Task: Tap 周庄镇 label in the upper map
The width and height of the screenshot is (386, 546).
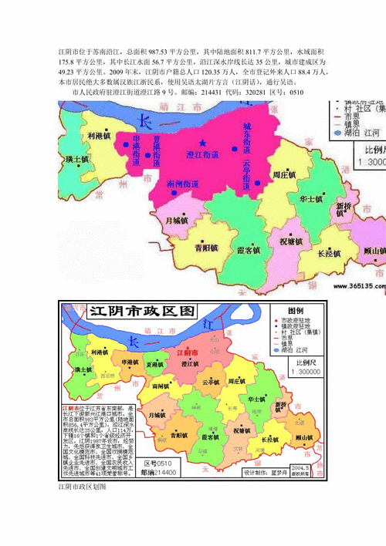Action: (x=286, y=176)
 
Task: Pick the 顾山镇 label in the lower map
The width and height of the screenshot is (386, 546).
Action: (x=301, y=438)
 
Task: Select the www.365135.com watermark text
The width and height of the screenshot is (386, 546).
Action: (x=359, y=284)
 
